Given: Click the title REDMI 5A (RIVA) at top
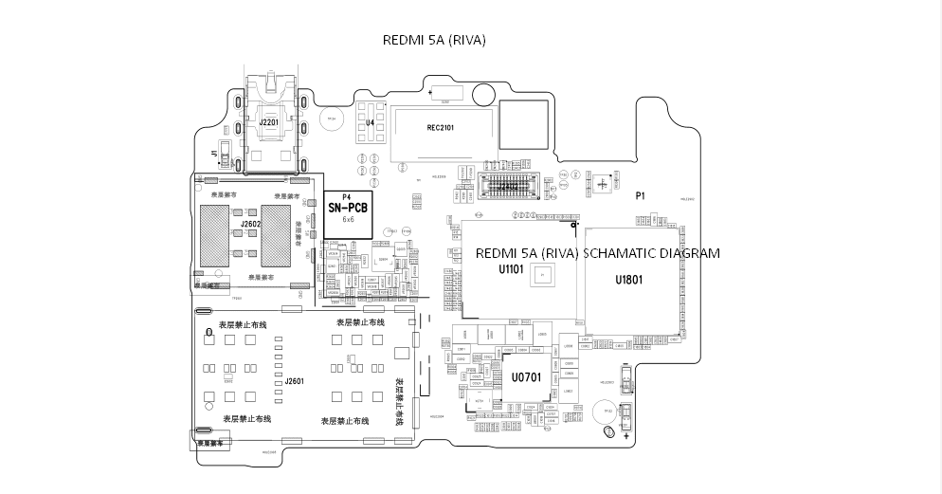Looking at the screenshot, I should tap(434, 40).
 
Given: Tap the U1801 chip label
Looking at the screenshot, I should tap(629, 280).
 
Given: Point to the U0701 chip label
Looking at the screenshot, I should tap(526, 377).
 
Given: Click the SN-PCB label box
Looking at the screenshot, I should tap(347, 207).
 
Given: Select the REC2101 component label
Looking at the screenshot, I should tap(441, 127).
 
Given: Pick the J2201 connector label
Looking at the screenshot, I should tap(268, 122).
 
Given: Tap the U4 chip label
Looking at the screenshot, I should tap(370, 123).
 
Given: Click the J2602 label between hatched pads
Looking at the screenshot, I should tap(250, 225).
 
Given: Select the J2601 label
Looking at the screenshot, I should tap(294, 381).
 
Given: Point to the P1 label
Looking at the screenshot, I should tap(641, 195).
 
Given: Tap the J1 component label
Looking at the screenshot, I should tap(214, 152).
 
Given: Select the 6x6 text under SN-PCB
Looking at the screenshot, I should tap(348, 219).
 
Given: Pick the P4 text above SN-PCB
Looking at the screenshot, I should tap(346, 196).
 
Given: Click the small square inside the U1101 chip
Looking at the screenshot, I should tap(541, 275).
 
